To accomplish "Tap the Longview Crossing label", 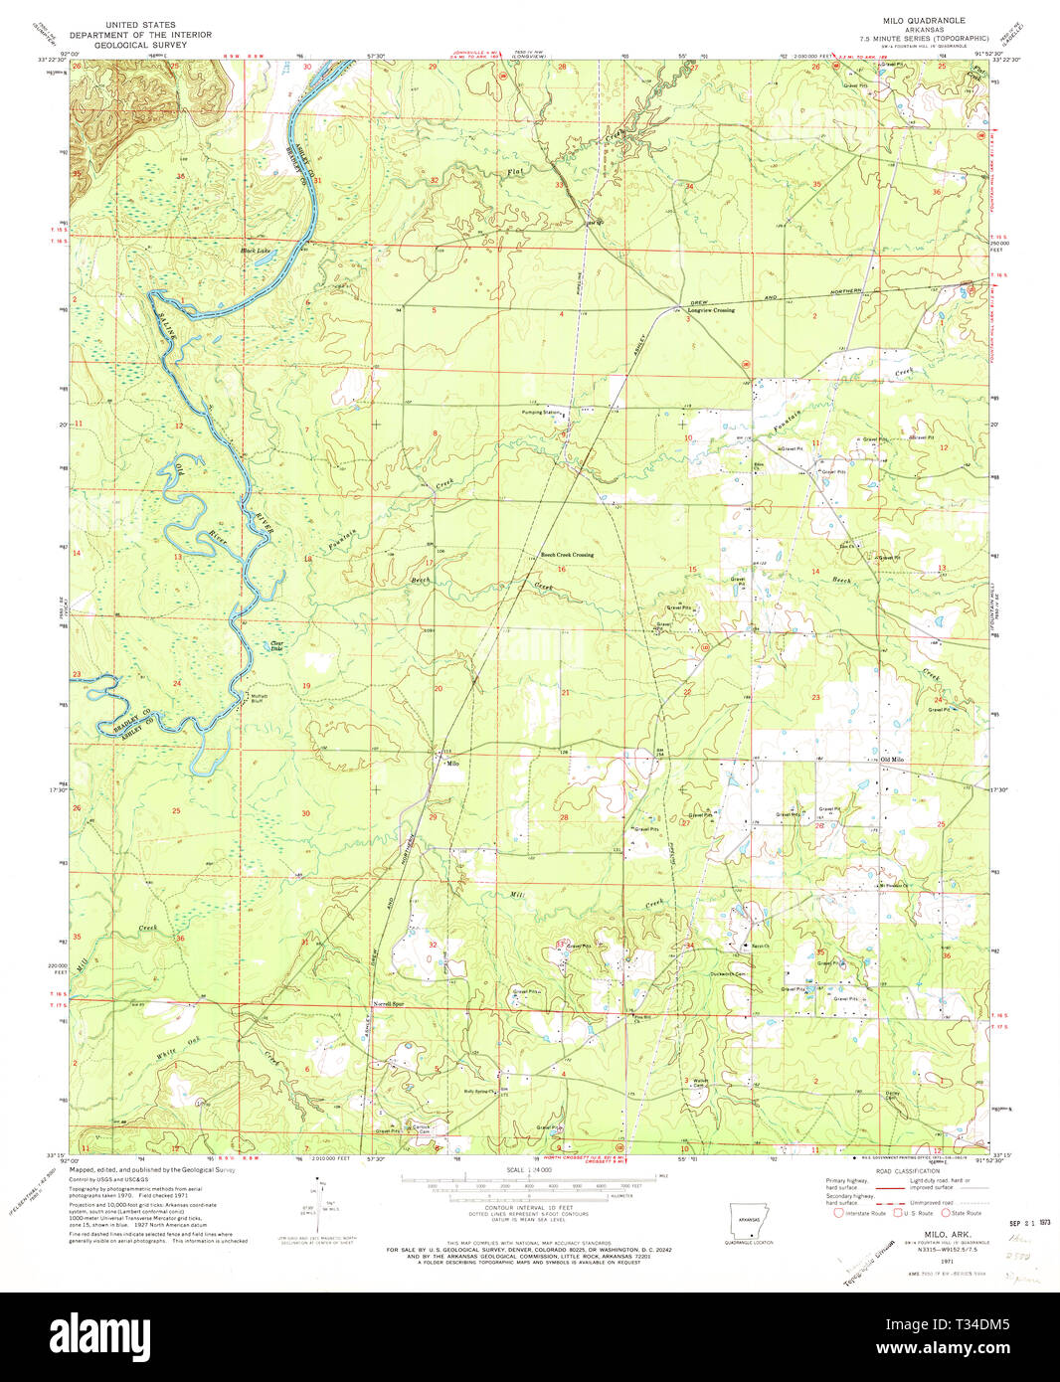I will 711,310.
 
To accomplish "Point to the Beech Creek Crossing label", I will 567,555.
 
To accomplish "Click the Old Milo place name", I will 893,760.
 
